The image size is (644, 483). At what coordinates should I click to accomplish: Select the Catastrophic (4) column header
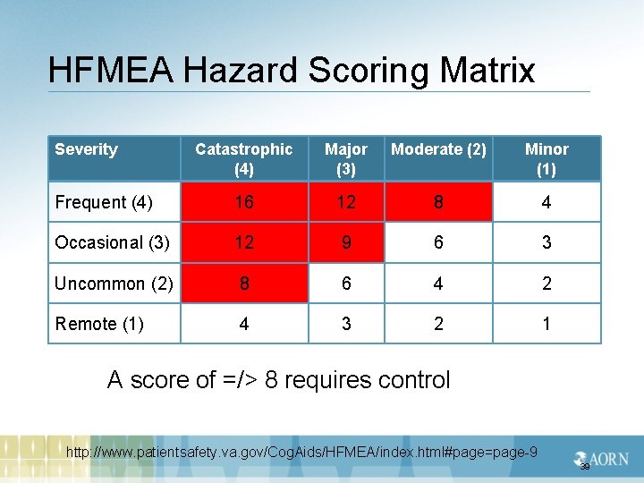tap(243, 158)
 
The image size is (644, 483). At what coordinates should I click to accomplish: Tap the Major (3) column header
tap(346, 158)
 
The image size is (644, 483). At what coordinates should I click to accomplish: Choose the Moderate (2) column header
tap(438, 149)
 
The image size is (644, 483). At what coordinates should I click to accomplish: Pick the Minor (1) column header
tap(547, 158)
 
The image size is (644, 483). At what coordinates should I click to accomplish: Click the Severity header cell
tap(87, 149)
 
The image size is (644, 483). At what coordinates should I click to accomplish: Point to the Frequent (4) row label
tap(104, 202)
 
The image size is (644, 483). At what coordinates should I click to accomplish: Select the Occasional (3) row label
tap(111, 242)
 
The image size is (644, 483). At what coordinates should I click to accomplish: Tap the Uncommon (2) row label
tap(114, 284)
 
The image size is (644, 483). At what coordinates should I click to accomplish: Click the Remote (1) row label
tap(99, 324)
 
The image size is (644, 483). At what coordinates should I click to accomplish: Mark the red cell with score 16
tap(244, 202)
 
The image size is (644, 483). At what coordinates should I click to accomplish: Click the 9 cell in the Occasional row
tap(346, 242)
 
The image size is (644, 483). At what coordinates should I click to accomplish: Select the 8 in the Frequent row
tap(438, 202)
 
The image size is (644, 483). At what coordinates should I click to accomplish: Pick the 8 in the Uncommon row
tap(244, 284)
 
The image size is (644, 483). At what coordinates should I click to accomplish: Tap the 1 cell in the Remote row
tap(547, 324)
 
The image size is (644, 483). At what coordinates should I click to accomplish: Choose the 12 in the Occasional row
tap(244, 242)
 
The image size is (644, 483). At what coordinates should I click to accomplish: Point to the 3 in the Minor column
tap(547, 242)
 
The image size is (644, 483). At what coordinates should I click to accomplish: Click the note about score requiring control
tap(279, 380)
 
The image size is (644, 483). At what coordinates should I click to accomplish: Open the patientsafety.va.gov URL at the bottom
tap(302, 453)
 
